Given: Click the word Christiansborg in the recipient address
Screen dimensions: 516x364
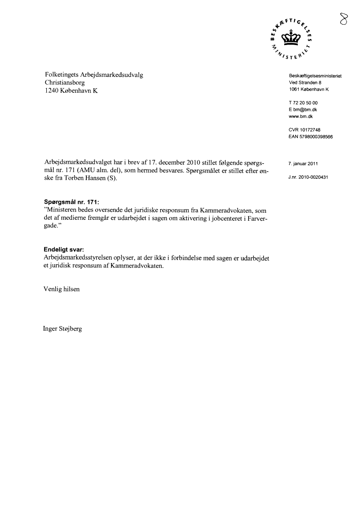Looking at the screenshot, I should click(65, 83).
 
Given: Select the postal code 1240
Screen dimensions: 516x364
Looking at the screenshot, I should click(52, 90).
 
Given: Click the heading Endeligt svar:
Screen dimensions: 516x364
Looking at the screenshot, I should click(64, 249).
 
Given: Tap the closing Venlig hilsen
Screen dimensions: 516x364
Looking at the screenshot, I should click(62, 289).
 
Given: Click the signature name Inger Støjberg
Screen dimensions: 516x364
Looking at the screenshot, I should click(63, 329).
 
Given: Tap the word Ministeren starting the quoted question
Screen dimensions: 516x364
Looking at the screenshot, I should click(62, 211).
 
